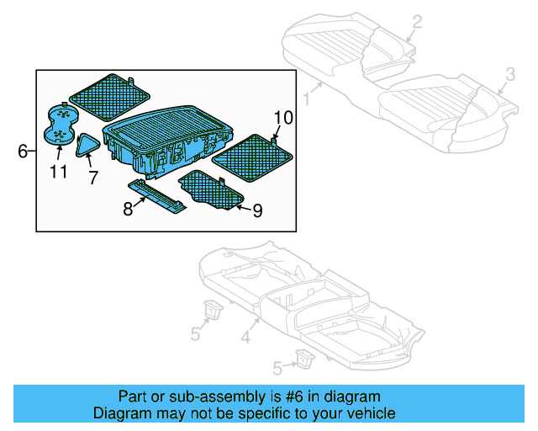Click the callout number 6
(23, 152)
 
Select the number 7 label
(92, 178)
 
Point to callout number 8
(128, 209)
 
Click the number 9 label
(257, 210)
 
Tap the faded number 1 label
(307, 99)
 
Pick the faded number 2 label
(417, 22)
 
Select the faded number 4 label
(245, 338)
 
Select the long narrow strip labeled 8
(157, 197)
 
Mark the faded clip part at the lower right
(300, 360)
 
